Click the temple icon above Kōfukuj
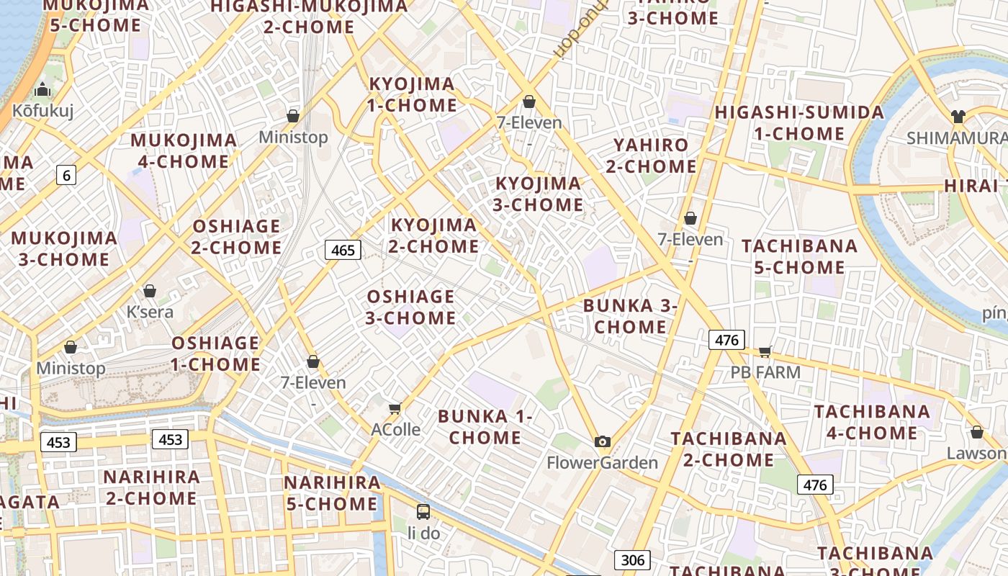[x=42, y=90]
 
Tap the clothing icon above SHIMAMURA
[x=958, y=116]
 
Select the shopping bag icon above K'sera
[x=150, y=291]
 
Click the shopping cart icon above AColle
[x=395, y=408]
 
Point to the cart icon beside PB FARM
[x=765, y=351]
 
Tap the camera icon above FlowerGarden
[x=603, y=441]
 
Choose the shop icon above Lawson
[x=977, y=432]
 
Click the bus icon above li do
[x=423, y=512]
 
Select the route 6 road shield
[x=66, y=174]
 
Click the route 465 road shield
[x=343, y=250]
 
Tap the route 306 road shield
[x=632, y=559]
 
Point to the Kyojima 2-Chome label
[x=434, y=235]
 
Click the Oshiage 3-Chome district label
[x=411, y=307]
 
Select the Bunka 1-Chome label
[x=485, y=426]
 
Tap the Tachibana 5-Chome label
[x=799, y=256]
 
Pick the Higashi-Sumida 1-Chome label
[x=799, y=123]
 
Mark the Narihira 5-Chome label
[x=332, y=492]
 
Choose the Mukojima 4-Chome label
[x=184, y=150]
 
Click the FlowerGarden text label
[x=603, y=462]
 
